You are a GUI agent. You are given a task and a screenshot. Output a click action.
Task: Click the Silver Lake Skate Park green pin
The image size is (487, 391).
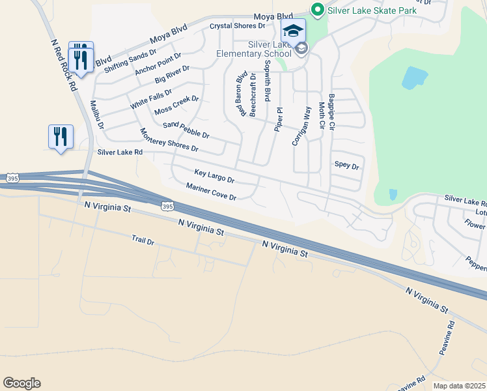(317, 9)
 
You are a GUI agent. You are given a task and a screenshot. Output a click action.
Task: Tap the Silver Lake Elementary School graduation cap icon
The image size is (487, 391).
(293, 30)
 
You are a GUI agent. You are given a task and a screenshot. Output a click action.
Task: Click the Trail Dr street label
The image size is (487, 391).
(143, 241)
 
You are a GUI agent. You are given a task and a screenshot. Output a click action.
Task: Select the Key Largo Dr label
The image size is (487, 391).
(214, 175)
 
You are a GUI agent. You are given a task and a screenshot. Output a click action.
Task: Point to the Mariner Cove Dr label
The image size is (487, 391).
(210, 192)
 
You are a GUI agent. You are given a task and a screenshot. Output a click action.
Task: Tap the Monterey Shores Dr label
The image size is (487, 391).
(169, 140)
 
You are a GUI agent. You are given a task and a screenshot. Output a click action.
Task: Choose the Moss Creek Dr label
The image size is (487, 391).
(176, 104)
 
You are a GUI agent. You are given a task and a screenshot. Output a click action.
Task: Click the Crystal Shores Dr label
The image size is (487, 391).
(238, 26)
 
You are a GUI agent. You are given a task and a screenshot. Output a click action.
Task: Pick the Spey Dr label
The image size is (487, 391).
(346, 166)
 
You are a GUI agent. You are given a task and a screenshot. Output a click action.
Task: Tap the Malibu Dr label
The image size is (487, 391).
(98, 115)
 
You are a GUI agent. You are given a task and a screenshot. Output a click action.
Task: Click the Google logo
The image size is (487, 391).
(21, 383)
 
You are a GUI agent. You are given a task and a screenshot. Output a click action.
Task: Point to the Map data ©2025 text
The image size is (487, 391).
(459, 386)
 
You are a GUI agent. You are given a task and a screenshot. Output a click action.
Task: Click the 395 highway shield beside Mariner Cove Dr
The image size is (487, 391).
(167, 207)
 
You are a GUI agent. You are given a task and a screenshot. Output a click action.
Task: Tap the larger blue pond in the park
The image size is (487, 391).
(415, 78)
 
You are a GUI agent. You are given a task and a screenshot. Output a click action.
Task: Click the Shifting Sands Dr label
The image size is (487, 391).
(130, 61)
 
